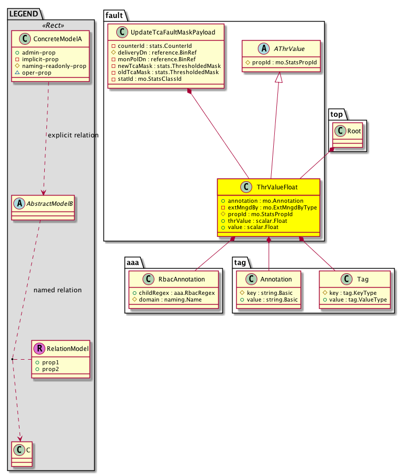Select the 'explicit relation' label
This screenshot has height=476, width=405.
(x=73, y=135)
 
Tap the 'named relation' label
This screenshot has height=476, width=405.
(x=57, y=290)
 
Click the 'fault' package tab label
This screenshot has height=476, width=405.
(x=114, y=15)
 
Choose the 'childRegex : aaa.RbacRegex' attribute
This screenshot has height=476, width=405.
(x=176, y=292)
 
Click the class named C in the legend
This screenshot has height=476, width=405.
(x=20, y=452)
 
